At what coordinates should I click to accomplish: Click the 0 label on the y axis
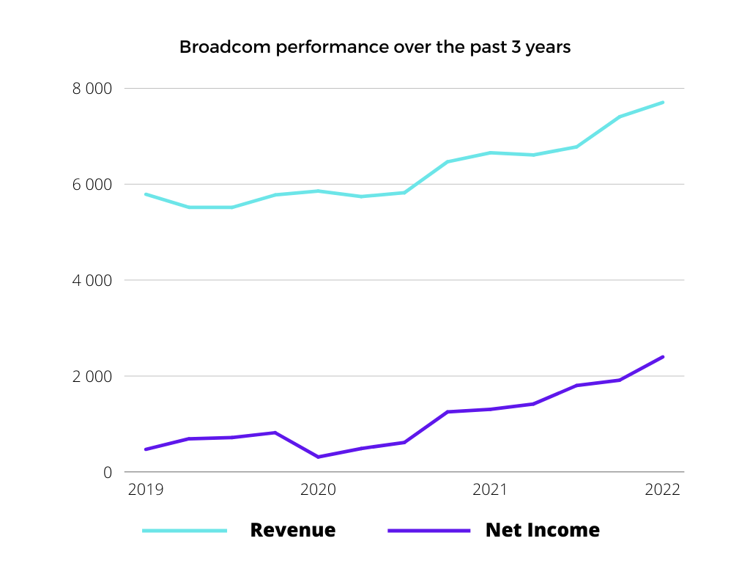[x=108, y=473]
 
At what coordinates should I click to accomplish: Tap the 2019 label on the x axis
[x=146, y=489]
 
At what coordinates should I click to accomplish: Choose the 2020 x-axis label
[x=318, y=489]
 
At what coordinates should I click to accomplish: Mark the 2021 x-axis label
[x=490, y=489]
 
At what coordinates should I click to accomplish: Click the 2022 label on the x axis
[x=662, y=489]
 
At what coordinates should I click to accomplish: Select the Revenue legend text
[x=293, y=530]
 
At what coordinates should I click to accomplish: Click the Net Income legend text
[x=542, y=530]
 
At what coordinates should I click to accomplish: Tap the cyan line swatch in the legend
[x=185, y=530]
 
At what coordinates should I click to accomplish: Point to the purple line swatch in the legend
[x=428, y=530]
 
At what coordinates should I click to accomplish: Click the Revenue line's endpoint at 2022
[x=662, y=103]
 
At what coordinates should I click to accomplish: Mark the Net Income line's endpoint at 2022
[x=662, y=357]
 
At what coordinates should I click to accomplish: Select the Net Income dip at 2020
[x=318, y=457]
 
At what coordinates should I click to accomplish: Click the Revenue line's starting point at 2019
[x=146, y=194]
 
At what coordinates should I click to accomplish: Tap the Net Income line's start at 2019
[x=146, y=449]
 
